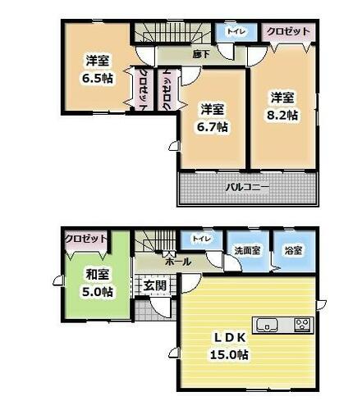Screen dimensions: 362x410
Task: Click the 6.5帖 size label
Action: pos(98,79)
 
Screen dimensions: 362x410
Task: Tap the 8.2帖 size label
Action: pos(282,115)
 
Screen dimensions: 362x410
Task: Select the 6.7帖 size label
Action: pos(213,127)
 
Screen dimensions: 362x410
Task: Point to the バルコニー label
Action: pos(247,188)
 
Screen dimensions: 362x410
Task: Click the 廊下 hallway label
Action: pos(201,54)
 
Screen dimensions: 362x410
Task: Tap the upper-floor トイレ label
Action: pos(236,31)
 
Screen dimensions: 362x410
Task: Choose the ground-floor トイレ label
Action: pos(202,239)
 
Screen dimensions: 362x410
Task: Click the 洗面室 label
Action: pos(247,250)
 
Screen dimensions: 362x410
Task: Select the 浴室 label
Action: pos(294,250)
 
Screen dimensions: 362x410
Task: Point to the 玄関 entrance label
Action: pos(155,285)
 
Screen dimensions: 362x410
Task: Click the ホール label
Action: pos(178,262)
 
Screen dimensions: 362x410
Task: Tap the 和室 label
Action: pos(98,275)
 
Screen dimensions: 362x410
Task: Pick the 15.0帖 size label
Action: pos(229,354)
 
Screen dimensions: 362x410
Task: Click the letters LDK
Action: pos(229,338)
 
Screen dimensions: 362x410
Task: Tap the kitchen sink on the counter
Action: pos(267,326)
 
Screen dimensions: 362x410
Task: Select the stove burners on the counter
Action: pos(304,326)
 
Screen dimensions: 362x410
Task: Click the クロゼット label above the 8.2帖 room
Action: pos(288,31)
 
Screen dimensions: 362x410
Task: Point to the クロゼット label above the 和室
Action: pos(85,239)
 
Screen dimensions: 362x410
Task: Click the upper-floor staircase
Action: pos(172,33)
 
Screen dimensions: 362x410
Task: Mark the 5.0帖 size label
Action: pos(98,292)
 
